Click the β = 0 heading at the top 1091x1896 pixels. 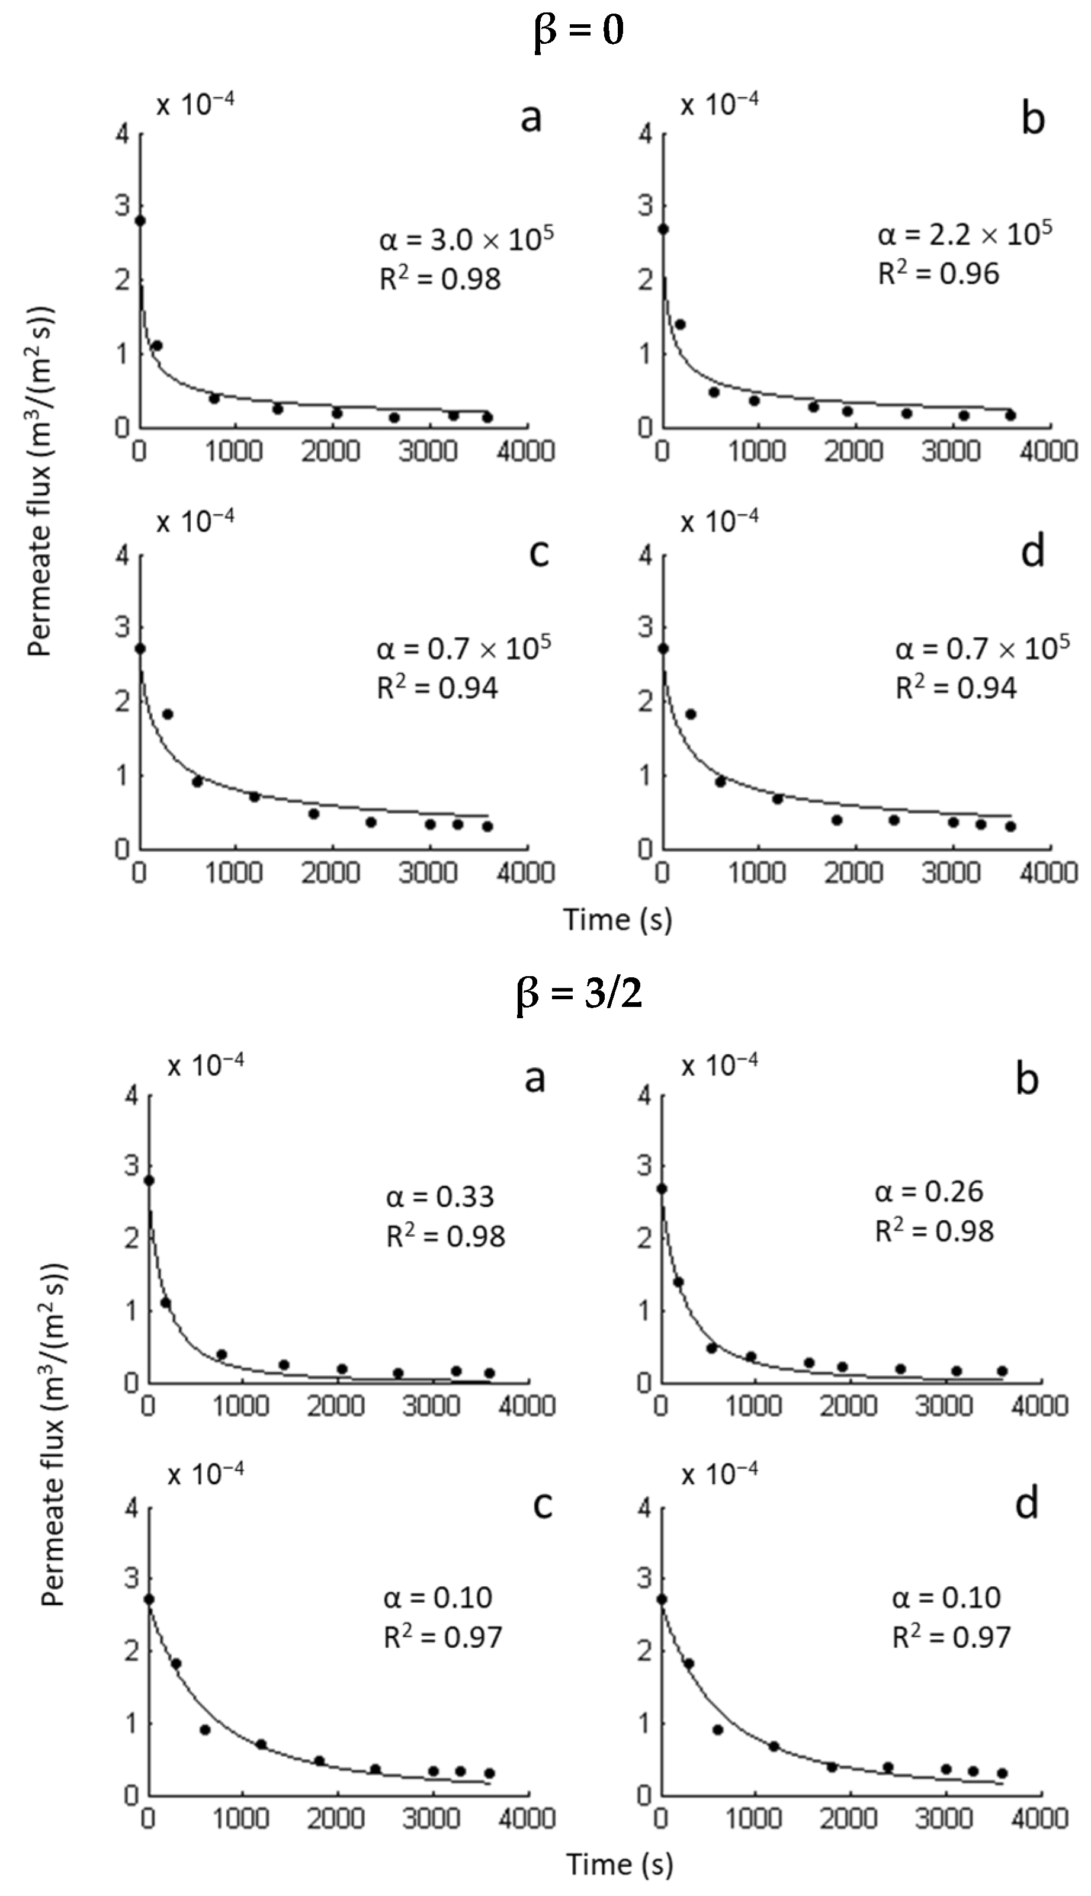pos(579,32)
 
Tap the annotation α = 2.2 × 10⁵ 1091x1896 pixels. pos(964,235)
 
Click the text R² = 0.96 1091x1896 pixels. pos(938,274)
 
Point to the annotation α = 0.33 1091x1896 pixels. pos(440,1196)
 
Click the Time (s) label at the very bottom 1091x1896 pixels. pos(619,1864)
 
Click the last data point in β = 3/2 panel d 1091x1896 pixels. pos(1002,1773)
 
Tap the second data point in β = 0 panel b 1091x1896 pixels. pos(681,325)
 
